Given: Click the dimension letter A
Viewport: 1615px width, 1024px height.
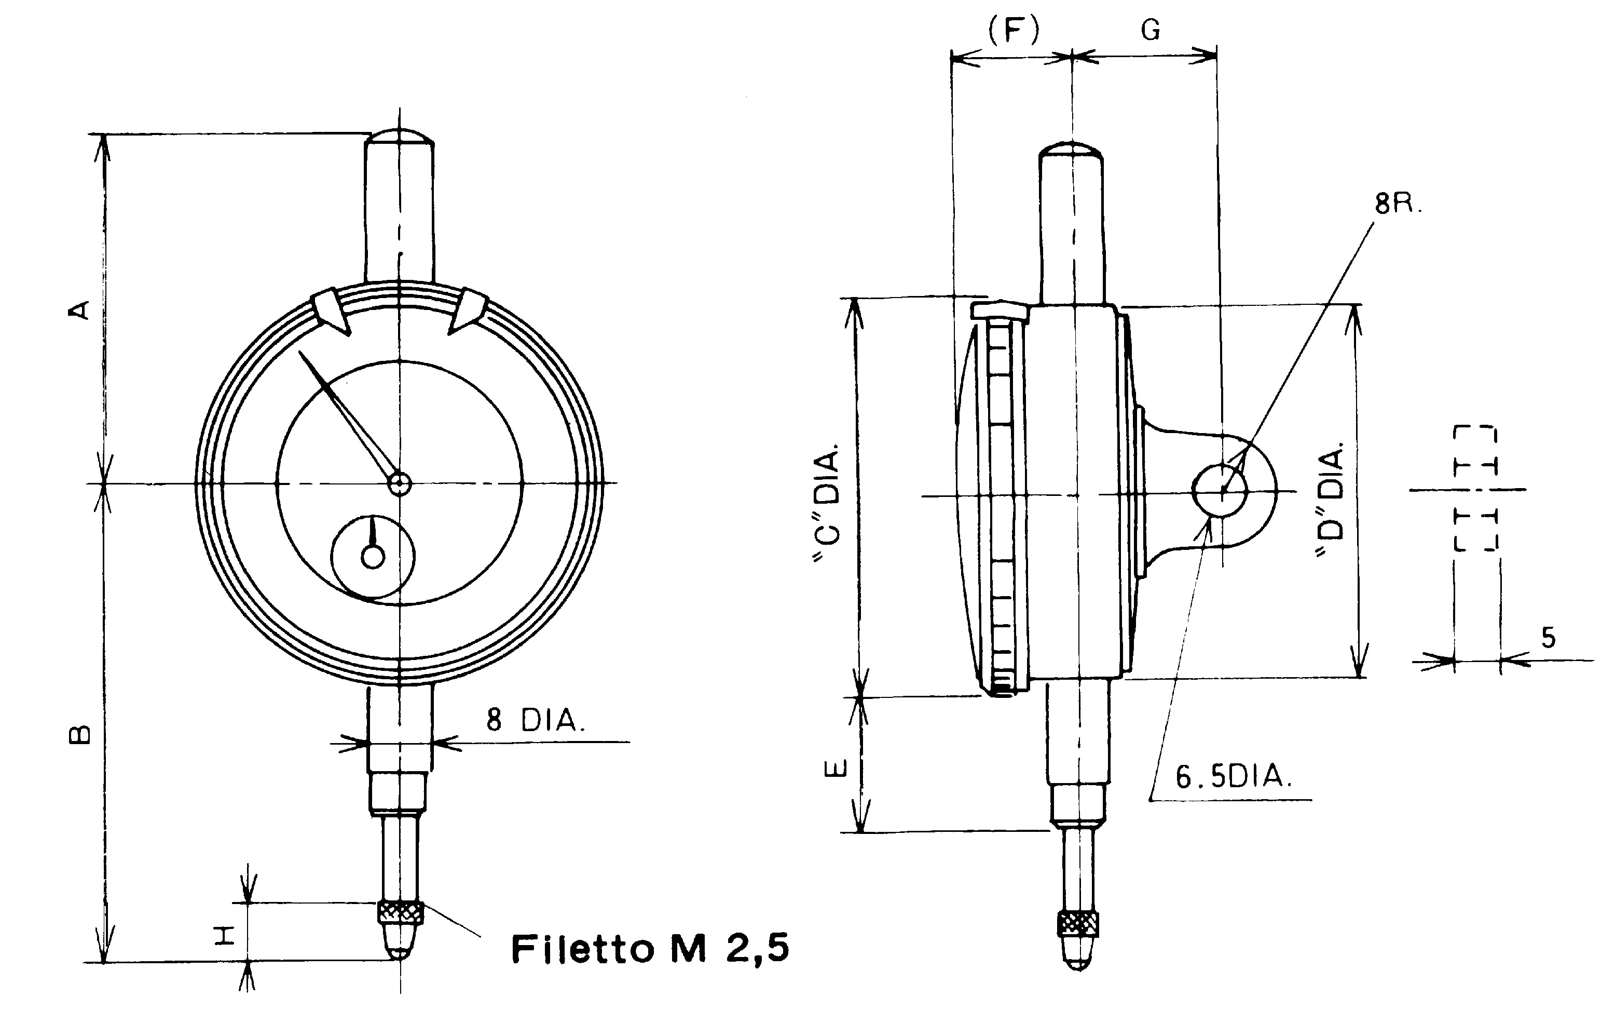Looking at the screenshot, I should pos(80,310).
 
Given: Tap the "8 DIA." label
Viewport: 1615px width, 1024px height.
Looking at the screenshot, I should pos(535,721).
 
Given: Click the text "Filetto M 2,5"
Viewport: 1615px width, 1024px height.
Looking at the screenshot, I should pos(649,948).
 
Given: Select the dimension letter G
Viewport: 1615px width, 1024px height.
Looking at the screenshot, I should pos(1150,30).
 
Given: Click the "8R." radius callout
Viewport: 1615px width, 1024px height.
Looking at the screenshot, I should pos(1398,204).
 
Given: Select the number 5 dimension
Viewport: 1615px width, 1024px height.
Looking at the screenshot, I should pos(1548,638).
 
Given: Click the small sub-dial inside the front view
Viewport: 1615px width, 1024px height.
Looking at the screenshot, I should pos(373,556).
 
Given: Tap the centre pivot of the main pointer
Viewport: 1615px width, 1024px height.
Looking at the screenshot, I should pos(399,483).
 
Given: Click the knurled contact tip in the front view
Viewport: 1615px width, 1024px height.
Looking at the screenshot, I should pos(401,912).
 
